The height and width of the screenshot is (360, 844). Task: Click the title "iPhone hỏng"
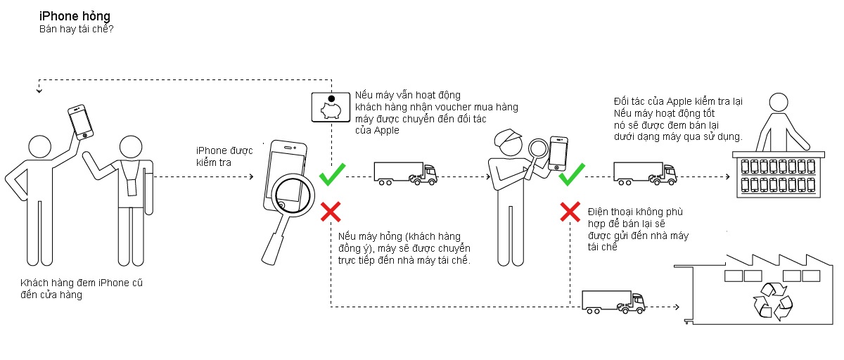click(75, 16)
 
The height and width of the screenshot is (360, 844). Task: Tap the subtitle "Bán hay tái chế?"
click(76, 29)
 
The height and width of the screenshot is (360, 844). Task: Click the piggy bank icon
click(331, 108)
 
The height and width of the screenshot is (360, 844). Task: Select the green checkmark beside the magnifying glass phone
click(332, 174)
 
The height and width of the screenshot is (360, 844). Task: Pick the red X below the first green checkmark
click(331, 212)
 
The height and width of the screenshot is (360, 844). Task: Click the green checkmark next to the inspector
click(572, 174)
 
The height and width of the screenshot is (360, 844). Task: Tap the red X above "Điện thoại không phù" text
click(570, 212)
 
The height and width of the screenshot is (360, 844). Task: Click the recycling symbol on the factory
click(773, 301)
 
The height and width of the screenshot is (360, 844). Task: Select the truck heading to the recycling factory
click(613, 302)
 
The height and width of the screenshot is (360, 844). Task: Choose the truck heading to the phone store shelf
click(645, 174)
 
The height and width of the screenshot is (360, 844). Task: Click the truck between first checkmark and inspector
click(405, 174)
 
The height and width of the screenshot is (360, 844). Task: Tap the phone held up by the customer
click(80, 122)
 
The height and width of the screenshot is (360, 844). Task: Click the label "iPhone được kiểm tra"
click(224, 157)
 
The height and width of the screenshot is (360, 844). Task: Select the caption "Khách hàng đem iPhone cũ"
click(82, 283)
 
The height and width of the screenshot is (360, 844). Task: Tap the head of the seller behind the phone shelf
click(779, 103)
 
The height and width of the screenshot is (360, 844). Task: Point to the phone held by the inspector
click(558, 154)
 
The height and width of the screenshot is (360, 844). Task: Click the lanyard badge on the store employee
click(132, 188)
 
